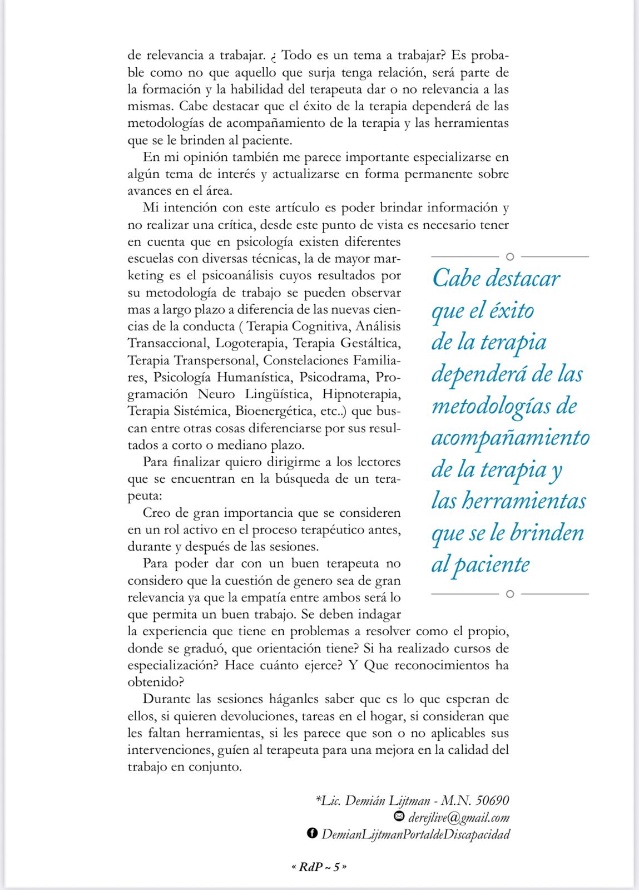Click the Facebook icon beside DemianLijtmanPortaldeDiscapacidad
(x=312, y=833)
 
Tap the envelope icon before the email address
(x=399, y=817)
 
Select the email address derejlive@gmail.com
(x=459, y=817)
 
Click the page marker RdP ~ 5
(x=319, y=867)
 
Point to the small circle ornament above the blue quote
(x=510, y=256)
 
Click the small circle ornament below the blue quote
(x=510, y=594)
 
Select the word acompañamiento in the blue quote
(x=510, y=438)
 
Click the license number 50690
(x=493, y=800)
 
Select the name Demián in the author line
(x=366, y=800)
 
